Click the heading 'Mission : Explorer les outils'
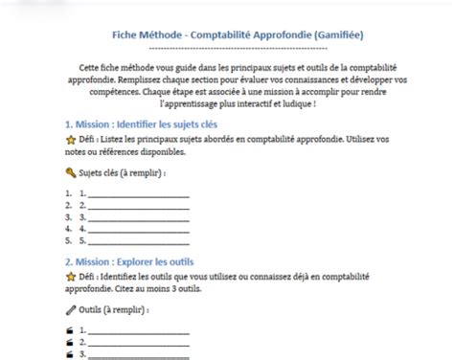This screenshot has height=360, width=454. [x=136, y=259]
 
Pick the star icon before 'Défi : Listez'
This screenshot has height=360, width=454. [x=69, y=140]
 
